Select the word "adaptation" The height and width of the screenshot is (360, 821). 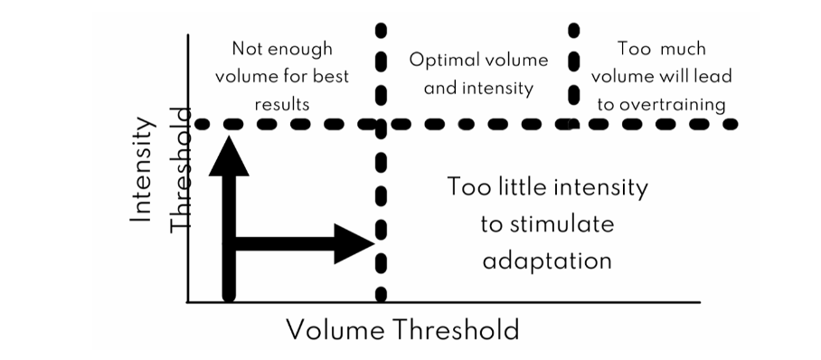click(548, 261)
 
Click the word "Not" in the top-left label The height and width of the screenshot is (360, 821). click(248, 49)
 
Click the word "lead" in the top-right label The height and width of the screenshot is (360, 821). click(712, 77)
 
